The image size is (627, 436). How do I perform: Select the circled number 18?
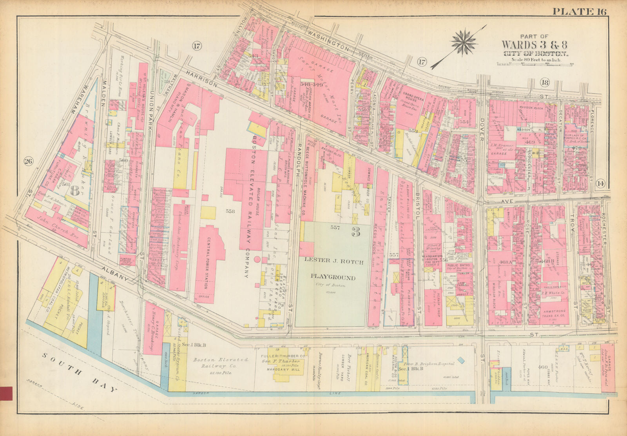(x=544, y=82)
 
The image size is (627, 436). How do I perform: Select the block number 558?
(x=230, y=211)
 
